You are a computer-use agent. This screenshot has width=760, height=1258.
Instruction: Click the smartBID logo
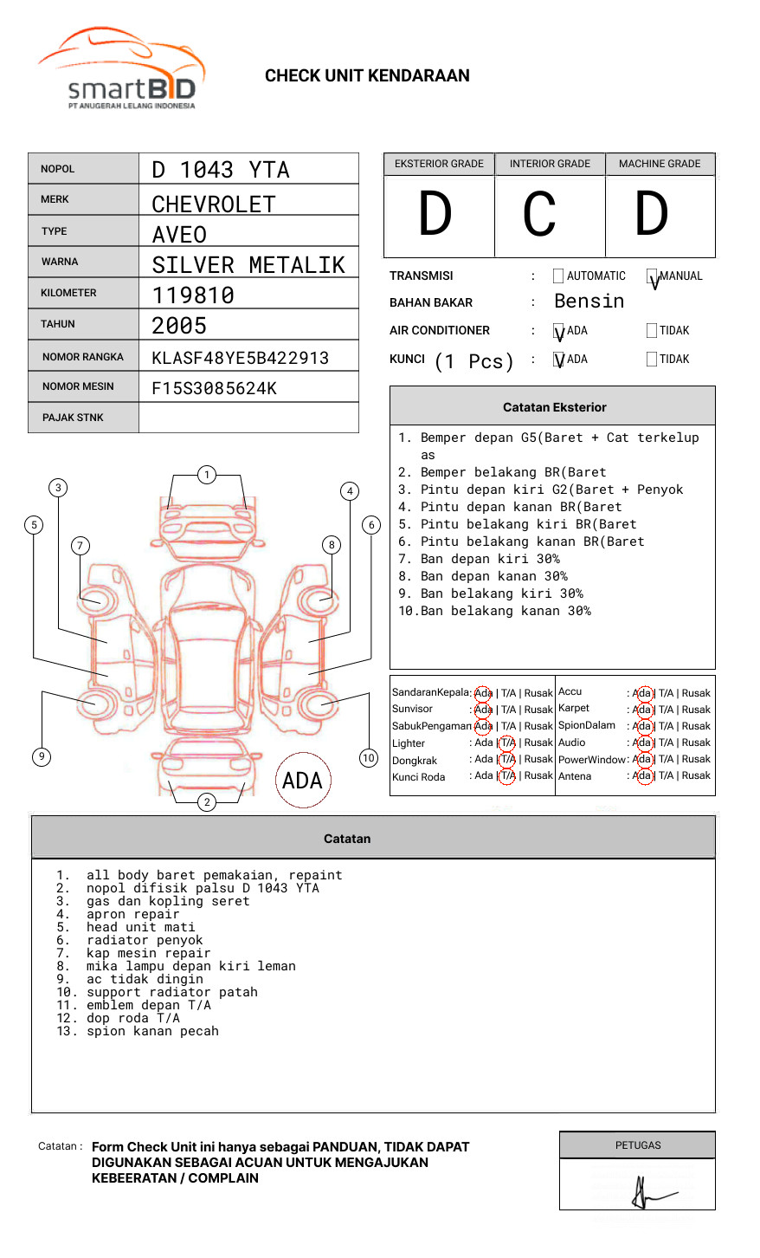coord(121,69)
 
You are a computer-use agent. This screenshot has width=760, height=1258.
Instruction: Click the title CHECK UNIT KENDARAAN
coord(367,76)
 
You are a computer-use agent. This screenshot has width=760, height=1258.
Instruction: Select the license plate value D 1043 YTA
coord(221,170)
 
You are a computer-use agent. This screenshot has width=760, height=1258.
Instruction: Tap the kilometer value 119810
coord(193,295)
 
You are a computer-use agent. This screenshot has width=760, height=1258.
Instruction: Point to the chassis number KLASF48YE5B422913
coord(240,358)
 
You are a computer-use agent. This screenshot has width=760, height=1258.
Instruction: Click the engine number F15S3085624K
coord(214,388)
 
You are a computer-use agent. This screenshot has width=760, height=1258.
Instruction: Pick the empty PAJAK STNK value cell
coord(248,418)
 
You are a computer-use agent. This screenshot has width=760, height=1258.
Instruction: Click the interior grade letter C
coord(539,215)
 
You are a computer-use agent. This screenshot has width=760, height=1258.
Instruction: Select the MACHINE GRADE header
coord(660,164)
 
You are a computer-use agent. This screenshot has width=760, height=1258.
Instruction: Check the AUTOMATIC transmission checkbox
coord(558,276)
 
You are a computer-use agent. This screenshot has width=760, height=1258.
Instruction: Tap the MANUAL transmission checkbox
coord(652,276)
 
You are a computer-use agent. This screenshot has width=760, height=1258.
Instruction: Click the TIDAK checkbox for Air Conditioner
coord(652,331)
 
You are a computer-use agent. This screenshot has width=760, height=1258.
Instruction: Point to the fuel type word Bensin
coord(589,302)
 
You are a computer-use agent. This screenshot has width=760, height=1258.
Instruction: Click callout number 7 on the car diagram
coord(81,545)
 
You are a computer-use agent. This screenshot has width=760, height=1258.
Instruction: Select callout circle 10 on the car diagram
coord(369,758)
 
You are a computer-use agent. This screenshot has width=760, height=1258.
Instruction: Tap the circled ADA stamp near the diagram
coord(302,781)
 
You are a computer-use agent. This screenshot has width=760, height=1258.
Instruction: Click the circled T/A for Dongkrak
coord(507,760)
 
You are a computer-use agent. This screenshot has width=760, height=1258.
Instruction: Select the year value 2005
coord(179,326)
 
